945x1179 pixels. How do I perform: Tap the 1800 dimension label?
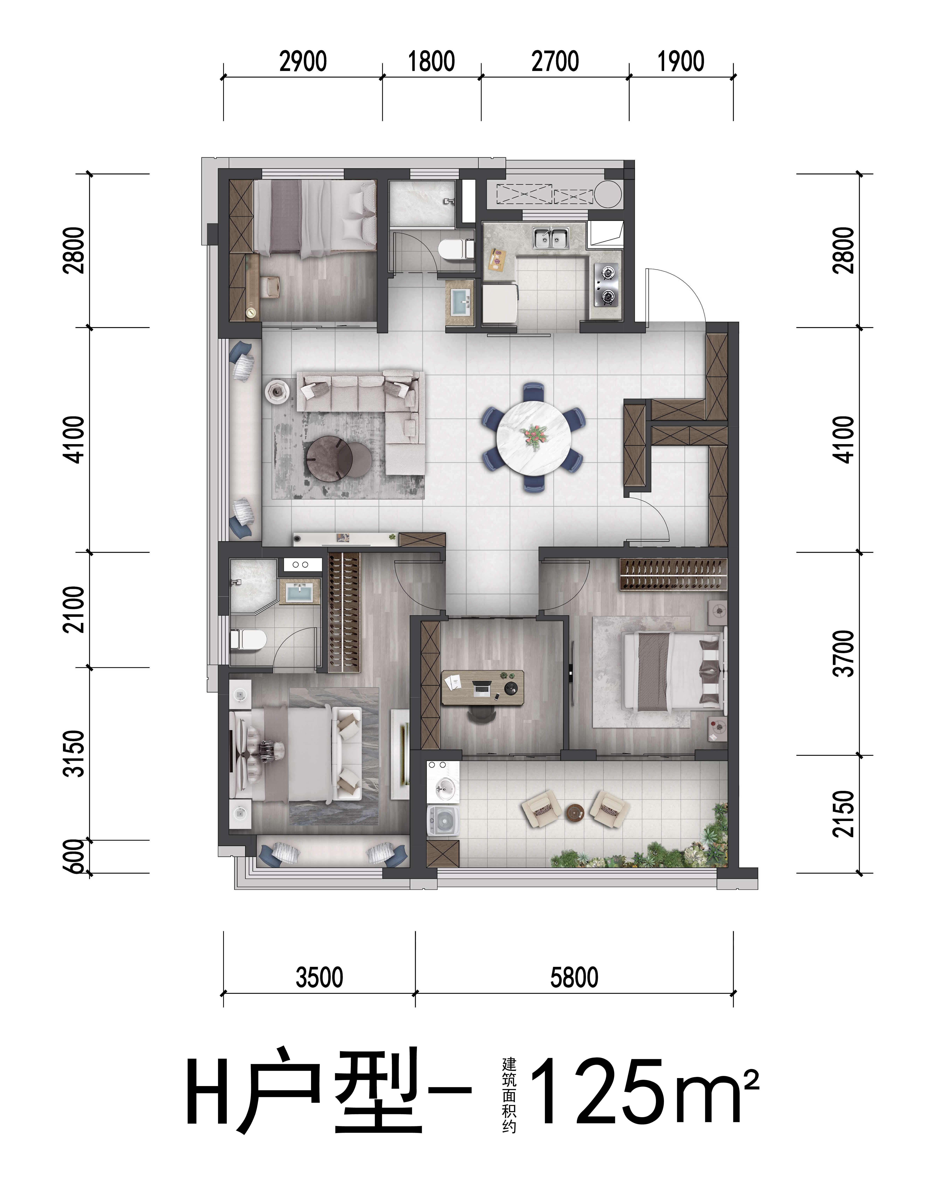tap(431, 61)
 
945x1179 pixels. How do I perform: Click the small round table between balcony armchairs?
tap(575, 812)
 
